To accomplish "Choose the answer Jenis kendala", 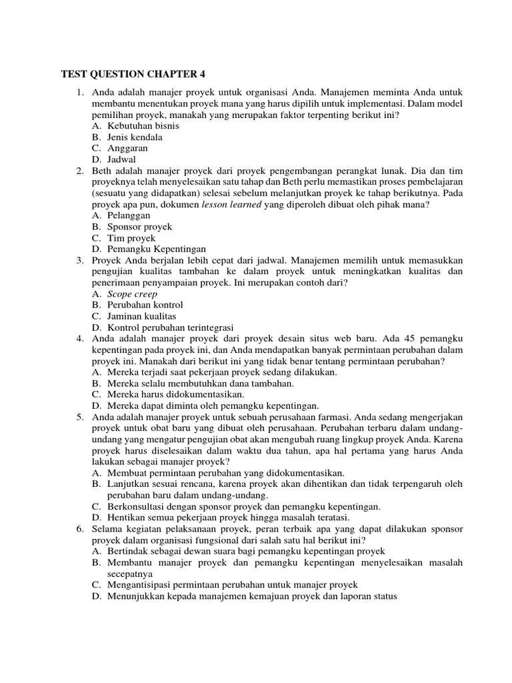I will coord(135,137).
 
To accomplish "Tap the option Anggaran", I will coord(127,148).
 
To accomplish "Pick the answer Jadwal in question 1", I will coord(123,159).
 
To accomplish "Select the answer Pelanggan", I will coord(129,215).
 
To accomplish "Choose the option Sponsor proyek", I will coord(139,227).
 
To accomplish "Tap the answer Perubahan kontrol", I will coord(140,305).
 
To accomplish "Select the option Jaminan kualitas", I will coord(139,316).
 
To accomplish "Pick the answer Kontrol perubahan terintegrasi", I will coord(170,327).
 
